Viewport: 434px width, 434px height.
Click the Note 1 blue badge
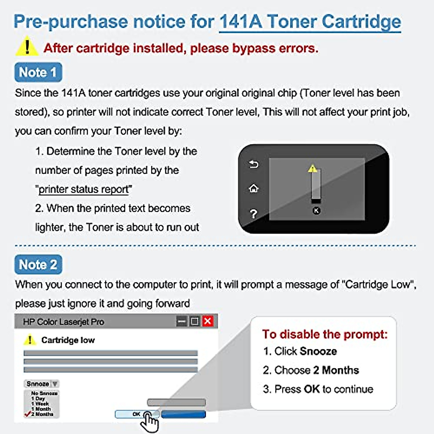tap(38, 72)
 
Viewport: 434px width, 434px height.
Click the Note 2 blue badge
tap(38, 264)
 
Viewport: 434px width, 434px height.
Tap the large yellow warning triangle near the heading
tap(27, 47)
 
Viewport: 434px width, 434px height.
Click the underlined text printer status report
tap(84, 189)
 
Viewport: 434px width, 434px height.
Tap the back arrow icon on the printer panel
tap(254, 165)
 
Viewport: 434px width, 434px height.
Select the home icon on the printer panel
tap(254, 188)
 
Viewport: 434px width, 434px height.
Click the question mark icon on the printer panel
tap(254, 214)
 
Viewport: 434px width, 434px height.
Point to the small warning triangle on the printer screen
tap(312, 169)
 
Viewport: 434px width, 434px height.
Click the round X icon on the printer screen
tap(316, 210)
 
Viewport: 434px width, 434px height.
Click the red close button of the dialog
tap(208, 321)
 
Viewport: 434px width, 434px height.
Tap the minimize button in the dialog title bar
tap(182, 321)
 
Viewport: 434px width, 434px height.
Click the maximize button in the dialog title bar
tap(195, 321)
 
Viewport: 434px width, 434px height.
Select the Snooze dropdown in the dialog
tap(42, 383)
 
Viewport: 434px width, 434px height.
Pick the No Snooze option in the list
tap(44, 393)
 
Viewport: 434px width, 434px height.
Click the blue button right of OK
tap(183, 414)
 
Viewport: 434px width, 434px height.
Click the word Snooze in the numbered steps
tap(318, 351)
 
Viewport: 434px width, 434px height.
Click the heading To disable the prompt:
tap(324, 334)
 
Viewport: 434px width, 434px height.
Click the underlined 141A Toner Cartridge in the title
tap(310, 22)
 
